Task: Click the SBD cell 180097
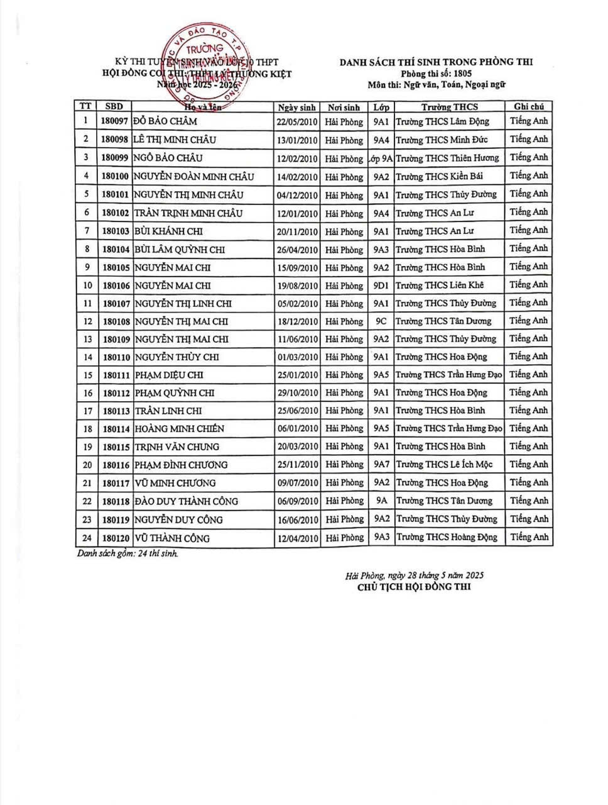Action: pos(114,121)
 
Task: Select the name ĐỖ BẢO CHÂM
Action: pos(165,121)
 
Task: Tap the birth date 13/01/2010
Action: pos(297,140)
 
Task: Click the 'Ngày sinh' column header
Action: pos(297,108)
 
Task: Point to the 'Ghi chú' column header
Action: pos(528,107)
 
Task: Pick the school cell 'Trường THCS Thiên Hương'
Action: pos(447,158)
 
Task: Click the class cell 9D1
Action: pos(381,286)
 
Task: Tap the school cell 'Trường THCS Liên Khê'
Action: pos(440,286)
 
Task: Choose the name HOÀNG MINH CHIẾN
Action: pos(179,429)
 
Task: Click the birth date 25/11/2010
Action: pos(297,465)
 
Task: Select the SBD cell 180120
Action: pos(114,538)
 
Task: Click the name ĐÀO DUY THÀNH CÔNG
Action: pos(186,502)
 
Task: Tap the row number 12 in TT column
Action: pos(86,321)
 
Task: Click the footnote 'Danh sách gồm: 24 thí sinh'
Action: pos(128,554)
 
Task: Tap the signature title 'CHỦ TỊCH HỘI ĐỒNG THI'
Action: pos(414,587)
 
